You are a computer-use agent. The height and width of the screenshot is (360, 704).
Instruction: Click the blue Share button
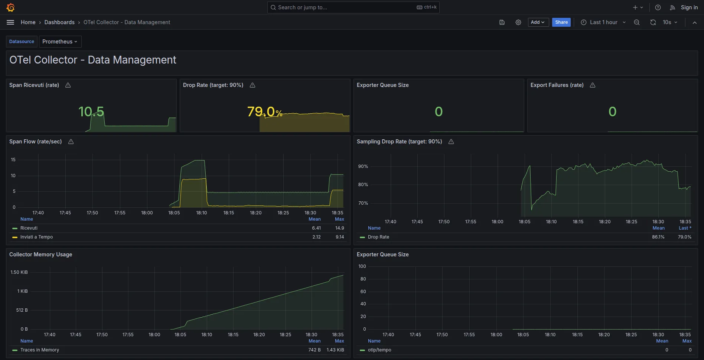pos(561,22)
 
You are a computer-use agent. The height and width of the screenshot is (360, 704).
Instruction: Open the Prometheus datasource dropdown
pos(60,42)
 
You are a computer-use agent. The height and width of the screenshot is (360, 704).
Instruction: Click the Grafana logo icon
pos(10,7)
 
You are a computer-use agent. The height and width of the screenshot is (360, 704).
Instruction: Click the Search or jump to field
pos(345,7)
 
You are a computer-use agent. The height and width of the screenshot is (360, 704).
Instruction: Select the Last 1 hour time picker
pos(603,22)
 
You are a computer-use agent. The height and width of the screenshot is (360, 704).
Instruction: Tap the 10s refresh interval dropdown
pos(670,22)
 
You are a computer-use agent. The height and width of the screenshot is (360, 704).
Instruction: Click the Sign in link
pos(689,7)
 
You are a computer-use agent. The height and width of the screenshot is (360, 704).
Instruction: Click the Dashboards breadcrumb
pos(59,22)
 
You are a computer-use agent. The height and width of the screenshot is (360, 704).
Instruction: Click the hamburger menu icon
pos(10,22)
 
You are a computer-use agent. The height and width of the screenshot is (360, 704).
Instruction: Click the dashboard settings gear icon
pos(518,22)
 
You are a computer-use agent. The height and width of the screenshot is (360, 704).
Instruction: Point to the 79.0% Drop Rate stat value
pos(264,111)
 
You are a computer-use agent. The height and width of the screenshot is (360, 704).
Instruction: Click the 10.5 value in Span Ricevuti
pos(91,111)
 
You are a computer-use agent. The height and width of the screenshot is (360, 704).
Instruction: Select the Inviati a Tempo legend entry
pos(36,237)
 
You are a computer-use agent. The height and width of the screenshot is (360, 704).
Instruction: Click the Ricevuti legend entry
pos(29,228)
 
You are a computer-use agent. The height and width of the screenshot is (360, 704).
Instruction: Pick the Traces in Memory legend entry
pos(39,350)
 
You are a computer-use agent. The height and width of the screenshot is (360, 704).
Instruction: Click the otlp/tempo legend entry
pos(379,350)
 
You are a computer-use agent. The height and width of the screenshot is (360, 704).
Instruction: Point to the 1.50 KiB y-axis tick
pos(19,272)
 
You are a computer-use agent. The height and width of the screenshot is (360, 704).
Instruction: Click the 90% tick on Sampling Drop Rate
pos(363,166)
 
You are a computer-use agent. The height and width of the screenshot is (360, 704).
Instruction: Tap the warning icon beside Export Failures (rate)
pos(593,85)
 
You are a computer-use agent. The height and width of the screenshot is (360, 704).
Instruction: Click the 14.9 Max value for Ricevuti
pos(339,228)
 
